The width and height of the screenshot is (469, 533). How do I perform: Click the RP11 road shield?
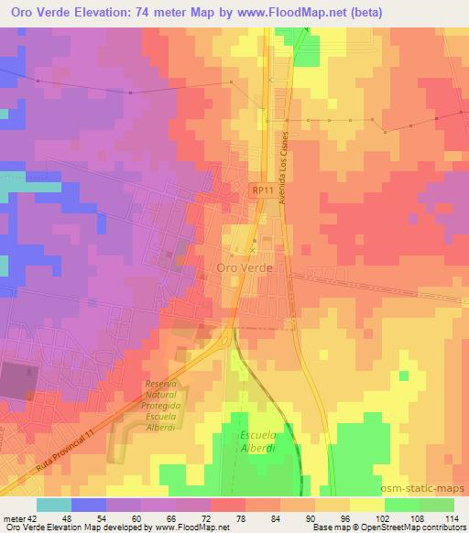261,190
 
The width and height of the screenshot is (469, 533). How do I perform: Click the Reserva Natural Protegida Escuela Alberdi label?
166,406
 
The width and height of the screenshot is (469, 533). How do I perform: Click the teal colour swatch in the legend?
54,505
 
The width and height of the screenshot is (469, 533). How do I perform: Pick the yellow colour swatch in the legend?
365,505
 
